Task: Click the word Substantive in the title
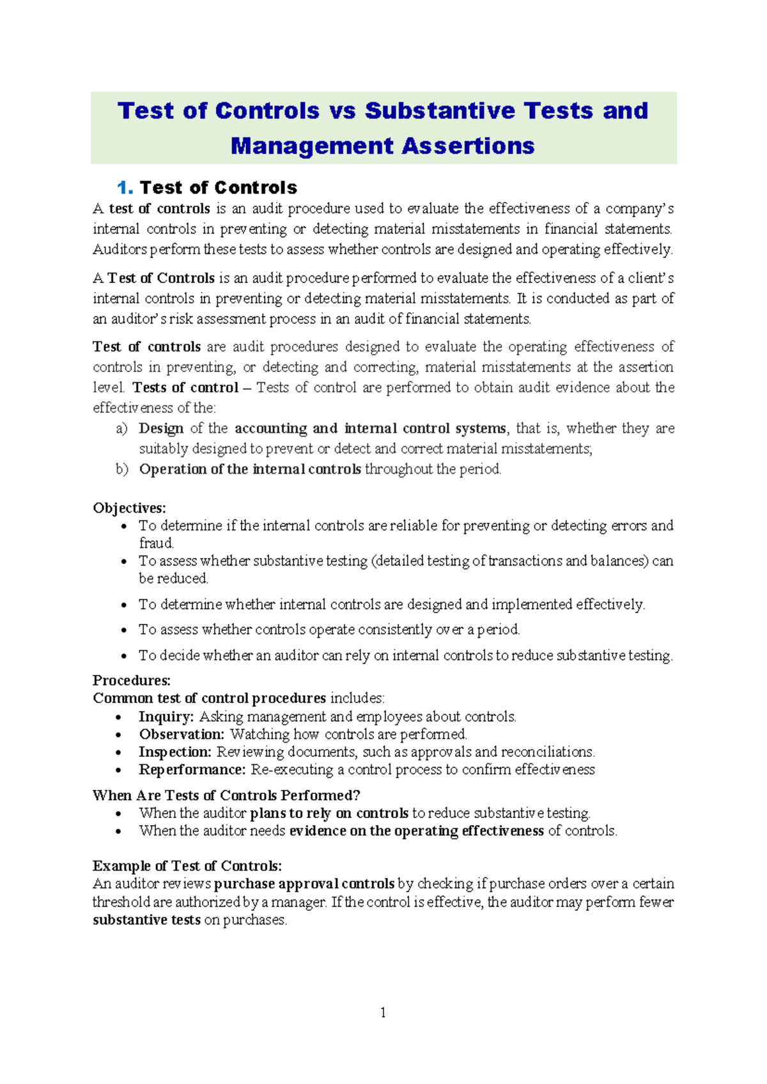[440, 111]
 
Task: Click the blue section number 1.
[125, 188]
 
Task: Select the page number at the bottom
[383, 1012]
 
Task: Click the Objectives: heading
[129, 508]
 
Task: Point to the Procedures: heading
[132, 680]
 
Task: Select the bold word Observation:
[182, 734]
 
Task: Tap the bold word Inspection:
[174, 752]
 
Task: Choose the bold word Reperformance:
[192, 770]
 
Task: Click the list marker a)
[121, 428]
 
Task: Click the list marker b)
[121, 469]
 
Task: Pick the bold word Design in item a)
[161, 428]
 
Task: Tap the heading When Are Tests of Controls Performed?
[226, 796]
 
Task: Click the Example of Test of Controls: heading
[187, 866]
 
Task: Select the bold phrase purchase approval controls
[304, 884]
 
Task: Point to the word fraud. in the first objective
[157, 543]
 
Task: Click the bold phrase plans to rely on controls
[329, 814]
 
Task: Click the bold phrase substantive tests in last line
[146, 920]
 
